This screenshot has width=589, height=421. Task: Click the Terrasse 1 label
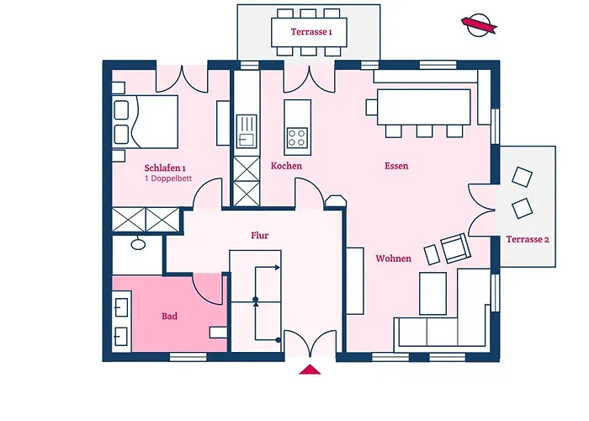[311, 32]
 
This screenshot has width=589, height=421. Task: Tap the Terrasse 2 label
[528, 239]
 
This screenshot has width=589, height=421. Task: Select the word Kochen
[286, 166]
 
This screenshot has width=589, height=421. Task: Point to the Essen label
[396, 166]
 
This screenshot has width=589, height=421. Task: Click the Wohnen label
[393, 258]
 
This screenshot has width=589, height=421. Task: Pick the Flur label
[259, 235]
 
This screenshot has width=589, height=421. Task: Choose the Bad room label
[169, 316]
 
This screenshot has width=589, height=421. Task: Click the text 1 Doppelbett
[168, 179]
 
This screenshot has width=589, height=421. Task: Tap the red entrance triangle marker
[310, 370]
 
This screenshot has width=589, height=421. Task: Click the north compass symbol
[479, 25]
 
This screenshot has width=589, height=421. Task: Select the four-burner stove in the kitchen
[297, 137]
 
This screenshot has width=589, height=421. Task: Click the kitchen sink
[247, 131]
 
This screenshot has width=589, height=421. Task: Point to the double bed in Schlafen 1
[145, 121]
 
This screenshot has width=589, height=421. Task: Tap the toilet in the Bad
[218, 333]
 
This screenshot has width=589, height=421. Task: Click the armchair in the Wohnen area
[456, 248]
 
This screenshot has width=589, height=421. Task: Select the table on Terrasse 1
[309, 32]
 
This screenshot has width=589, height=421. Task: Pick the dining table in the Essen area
[424, 107]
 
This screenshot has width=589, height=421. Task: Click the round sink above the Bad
[138, 244]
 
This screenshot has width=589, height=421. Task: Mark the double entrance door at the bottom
[310, 344]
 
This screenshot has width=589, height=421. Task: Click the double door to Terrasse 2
[481, 210]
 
